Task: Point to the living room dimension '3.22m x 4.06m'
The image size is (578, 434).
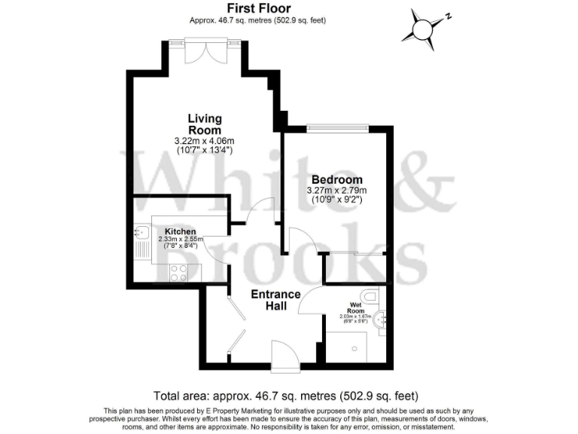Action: pos(205,141)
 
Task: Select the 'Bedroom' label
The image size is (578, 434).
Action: pos(336,180)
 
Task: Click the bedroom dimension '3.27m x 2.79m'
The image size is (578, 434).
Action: pos(336,191)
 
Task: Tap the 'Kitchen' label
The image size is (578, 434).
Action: pos(181,231)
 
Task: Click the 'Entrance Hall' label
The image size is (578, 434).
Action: pos(275,300)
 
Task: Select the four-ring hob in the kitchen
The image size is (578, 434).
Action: pos(179,273)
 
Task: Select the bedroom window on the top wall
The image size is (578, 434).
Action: pos(336,127)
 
